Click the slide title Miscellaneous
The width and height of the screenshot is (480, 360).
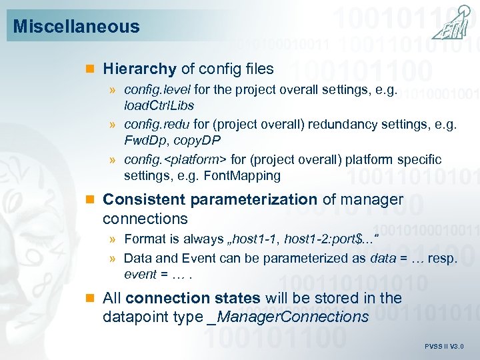(x=76, y=27)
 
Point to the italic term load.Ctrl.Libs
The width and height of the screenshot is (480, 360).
(x=159, y=105)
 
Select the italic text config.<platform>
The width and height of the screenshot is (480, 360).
(x=175, y=159)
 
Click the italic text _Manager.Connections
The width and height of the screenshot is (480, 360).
(x=289, y=317)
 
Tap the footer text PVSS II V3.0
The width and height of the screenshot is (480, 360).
(x=444, y=347)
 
